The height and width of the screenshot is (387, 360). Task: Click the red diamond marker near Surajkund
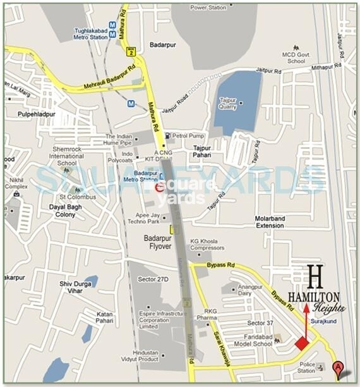[302, 343]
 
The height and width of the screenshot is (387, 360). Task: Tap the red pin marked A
[339, 366]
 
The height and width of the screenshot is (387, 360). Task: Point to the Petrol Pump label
[187, 135]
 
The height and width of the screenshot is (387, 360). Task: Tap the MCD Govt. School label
[297, 58]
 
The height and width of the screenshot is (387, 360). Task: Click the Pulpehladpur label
[36, 114]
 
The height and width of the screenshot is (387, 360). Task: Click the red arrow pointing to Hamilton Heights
[306, 322]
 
